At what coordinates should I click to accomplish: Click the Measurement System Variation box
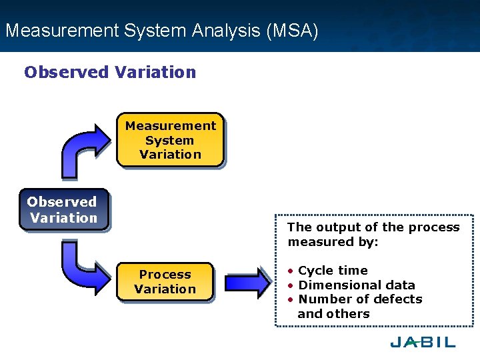[170, 140]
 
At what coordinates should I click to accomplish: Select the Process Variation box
[165, 281]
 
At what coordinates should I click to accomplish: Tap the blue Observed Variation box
[63, 210]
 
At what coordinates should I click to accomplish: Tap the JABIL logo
[423, 342]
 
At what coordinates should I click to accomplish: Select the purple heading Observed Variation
[110, 72]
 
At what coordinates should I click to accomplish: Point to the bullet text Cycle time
[333, 270]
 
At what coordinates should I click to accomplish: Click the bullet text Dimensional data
[357, 285]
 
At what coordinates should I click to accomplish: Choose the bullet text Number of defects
[360, 299]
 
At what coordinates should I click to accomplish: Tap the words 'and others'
[333, 313]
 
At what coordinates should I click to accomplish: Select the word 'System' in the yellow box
[169, 140]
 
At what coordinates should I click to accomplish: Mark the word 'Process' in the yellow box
[165, 274]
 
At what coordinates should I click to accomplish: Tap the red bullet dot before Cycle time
[291, 271]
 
